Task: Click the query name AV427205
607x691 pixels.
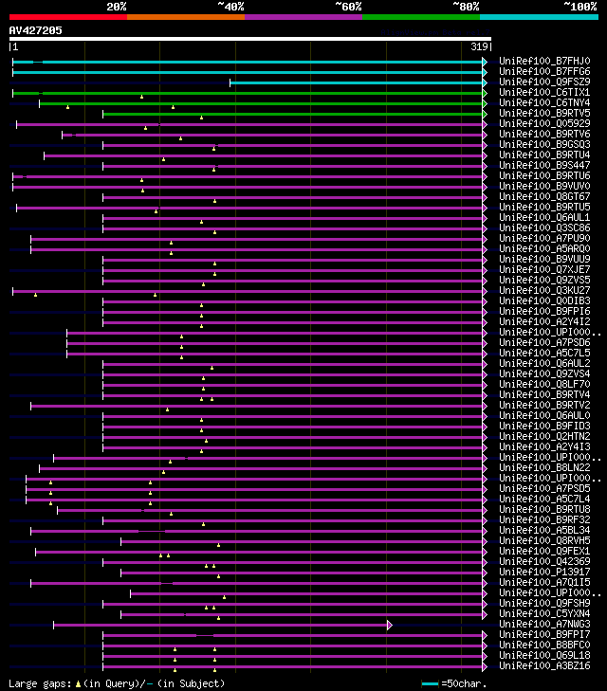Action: pyautogui.click(x=36, y=30)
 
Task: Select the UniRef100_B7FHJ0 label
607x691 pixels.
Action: pyautogui.click(x=543, y=62)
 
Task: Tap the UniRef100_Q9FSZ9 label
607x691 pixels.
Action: pyautogui.click(x=543, y=82)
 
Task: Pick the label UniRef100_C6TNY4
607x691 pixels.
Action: pyautogui.click(x=543, y=103)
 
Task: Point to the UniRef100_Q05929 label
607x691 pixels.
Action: pyautogui.click(x=543, y=124)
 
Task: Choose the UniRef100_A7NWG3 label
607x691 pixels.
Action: pyautogui.click(x=543, y=625)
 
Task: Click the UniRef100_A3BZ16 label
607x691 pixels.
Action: pyautogui.click(x=543, y=666)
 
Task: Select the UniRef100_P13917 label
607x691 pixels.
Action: pyautogui.click(x=543, y=573)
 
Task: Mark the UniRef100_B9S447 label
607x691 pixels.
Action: pyautogui.click(x=543, y=166)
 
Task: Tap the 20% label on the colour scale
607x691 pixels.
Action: pyautogui.click(x=117, y=7)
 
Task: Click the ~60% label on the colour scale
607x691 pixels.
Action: pyautogui.click(x=348, y=7)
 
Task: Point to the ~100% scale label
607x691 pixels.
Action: pyautogui.click(x=579, y=7)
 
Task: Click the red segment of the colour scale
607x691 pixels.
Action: pyautogui.click(x=67, y=16)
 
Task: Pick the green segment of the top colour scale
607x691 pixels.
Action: pyautogui.click(x=420, y=16)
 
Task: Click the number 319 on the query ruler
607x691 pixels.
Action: pyautogui.click(x=479, y=46)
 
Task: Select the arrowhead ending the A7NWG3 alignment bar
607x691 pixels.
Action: pyautogui.click(x=389, y=625)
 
